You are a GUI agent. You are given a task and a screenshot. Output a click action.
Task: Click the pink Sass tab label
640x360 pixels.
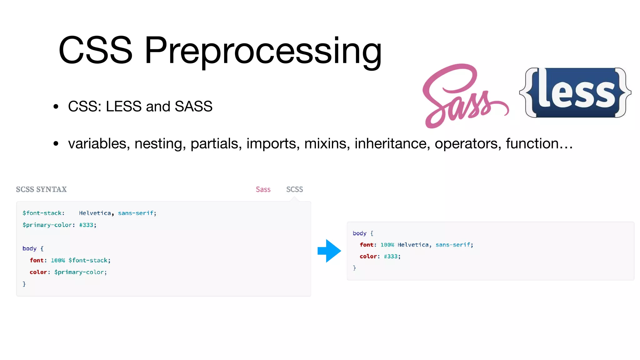point(263,189)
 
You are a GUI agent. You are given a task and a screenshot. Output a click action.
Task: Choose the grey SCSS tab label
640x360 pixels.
point(294,189)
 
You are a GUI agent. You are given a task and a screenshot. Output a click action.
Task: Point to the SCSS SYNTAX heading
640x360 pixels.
point(41,189)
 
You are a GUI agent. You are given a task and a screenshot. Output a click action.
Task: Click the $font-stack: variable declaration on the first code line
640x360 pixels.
point(43,213)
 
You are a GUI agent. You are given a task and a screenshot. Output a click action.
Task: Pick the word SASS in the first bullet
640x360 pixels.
point(193,107)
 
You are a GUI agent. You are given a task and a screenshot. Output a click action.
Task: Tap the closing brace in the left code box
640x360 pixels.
point(24,284)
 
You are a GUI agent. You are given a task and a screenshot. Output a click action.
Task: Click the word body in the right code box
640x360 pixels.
point(359,233)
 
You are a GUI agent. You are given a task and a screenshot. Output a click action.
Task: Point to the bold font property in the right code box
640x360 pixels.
point(366,245)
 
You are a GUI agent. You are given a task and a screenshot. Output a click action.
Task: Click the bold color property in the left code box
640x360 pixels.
point(38,272)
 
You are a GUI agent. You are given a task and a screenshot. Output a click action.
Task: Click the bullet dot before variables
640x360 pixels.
point(56,144)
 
